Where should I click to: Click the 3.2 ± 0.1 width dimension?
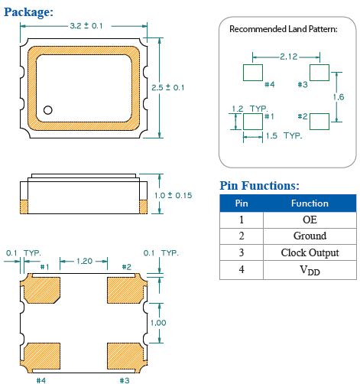pos(86,26)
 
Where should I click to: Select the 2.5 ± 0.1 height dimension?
pos(167,87)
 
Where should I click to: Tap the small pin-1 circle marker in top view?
pos(48,110)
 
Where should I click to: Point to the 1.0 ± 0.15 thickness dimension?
pos(174,195)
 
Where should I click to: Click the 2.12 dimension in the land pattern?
pos(289,57)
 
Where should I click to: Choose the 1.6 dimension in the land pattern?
pos(339,97)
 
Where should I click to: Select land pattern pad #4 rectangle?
pos(253,73)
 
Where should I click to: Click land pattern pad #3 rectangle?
pos(319,73)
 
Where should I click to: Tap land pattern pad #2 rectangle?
pos(319,122)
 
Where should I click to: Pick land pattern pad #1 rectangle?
pos(253,122)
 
